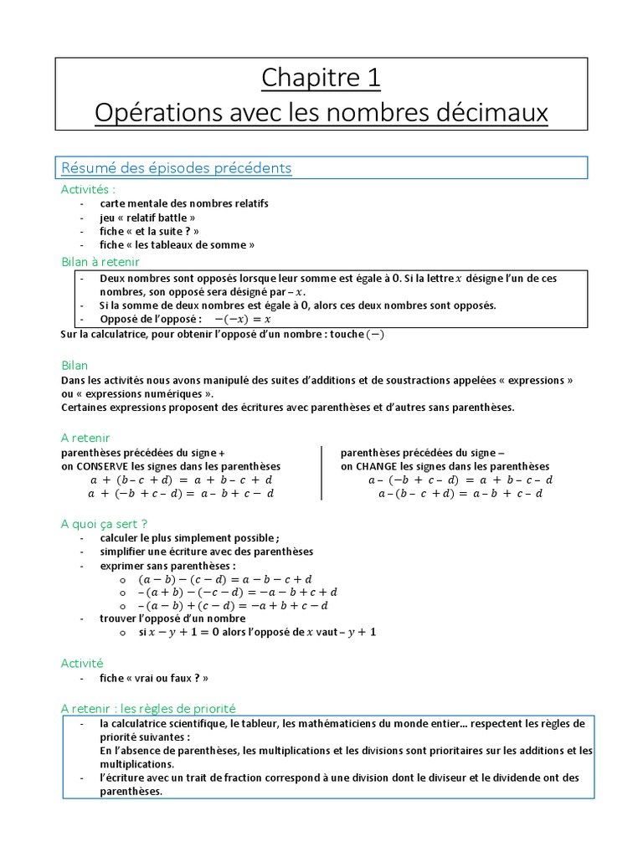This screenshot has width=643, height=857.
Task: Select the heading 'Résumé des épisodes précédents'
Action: (176, 168)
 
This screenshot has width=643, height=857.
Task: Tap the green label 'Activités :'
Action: (88, 190)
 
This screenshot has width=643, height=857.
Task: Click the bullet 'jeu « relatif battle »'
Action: (147, 218)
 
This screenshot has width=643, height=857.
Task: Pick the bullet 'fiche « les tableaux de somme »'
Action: (177, 245)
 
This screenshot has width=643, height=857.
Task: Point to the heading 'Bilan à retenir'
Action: (100, 262)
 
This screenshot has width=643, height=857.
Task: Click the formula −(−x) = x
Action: (243, 319)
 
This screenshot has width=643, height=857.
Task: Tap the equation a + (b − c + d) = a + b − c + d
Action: (181, 480)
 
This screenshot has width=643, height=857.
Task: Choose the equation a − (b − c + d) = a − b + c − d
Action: (460, 494)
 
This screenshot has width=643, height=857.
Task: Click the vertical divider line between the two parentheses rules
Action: (322, 473)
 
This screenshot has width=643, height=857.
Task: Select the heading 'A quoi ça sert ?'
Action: (105, 523)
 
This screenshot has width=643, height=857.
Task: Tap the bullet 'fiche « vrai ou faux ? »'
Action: (153, 679)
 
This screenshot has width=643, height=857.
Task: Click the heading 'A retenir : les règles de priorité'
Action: (149, 707)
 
